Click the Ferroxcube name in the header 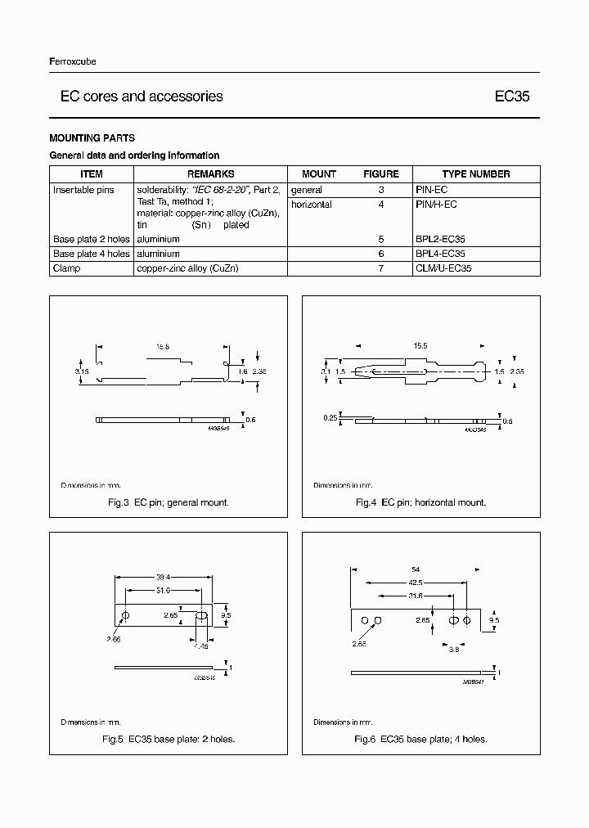coord(73,62)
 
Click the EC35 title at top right coord(512,97)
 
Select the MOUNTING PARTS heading coord(92,138)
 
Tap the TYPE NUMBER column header coord(475,173)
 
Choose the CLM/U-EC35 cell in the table coord(443,268)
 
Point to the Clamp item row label coord(67,268)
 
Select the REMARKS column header coord(210,173)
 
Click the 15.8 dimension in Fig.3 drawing coord(163,347)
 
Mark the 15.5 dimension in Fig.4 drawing coord(421,347)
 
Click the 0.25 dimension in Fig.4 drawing coord(330,418)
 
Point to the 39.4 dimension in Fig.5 coord(163,576)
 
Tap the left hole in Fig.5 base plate coord(125,615)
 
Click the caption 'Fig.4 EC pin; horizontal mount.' coord(420,502)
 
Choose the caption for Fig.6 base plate coord(420,739)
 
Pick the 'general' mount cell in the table coord(307,190)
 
